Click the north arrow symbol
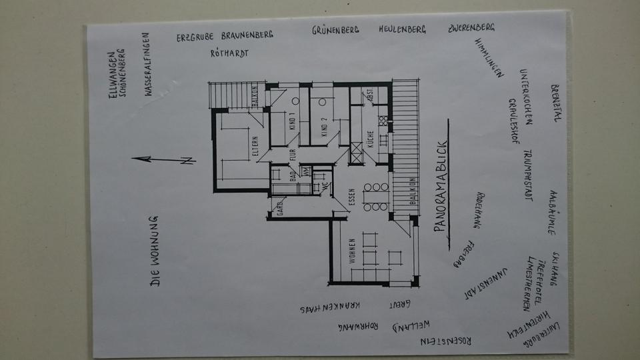click(163, 159)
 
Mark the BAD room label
click(292, 176)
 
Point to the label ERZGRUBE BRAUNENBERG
click(225, 37)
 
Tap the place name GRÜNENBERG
click(336, 30)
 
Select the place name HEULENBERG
click(402, 30)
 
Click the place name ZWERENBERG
click(471, 29)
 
